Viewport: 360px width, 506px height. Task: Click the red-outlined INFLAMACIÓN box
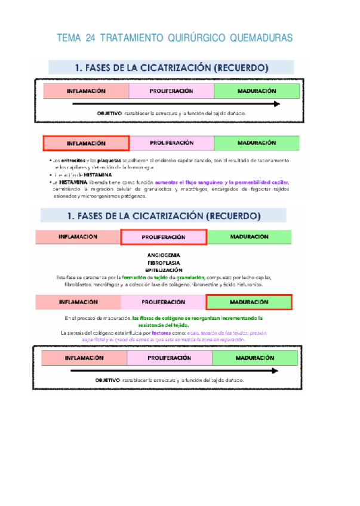(x=86, y=144)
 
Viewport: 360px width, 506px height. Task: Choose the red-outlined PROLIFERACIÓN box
(x=164, y=237)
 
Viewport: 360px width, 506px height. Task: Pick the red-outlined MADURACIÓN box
(x=249, y=302)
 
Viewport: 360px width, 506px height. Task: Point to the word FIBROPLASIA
(x=163, y=263)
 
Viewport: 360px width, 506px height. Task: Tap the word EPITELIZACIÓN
(x=163, y=270)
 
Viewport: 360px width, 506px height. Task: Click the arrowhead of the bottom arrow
(x=276, y=371)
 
